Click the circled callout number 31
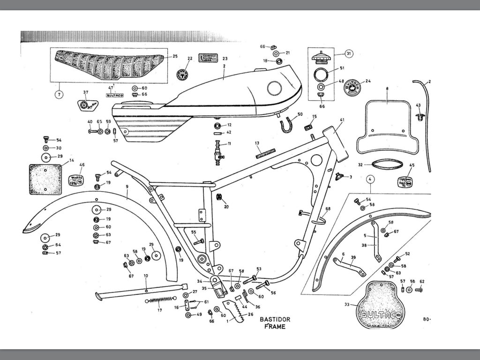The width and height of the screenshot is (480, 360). [348, 54]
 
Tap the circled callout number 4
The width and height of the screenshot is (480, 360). [370, 179]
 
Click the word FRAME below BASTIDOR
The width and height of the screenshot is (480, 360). [275, 327]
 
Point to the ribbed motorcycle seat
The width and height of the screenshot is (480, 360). [109, 65]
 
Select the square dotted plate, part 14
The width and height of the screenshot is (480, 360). [46, 179]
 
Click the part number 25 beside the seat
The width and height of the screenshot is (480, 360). [175, 56]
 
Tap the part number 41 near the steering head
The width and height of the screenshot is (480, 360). [342, 120]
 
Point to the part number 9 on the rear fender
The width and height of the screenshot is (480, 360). [127, 187]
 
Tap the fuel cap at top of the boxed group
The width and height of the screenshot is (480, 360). [322, 58]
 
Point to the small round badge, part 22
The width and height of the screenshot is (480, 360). [184, 75]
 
